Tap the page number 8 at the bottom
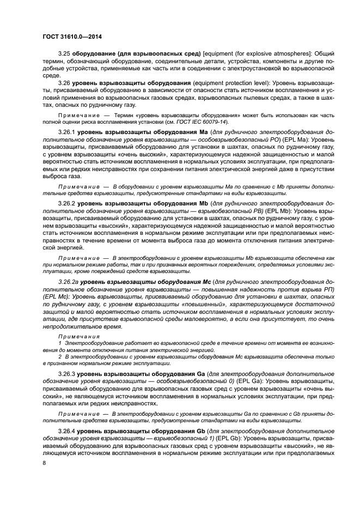click(x=45, y=463)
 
